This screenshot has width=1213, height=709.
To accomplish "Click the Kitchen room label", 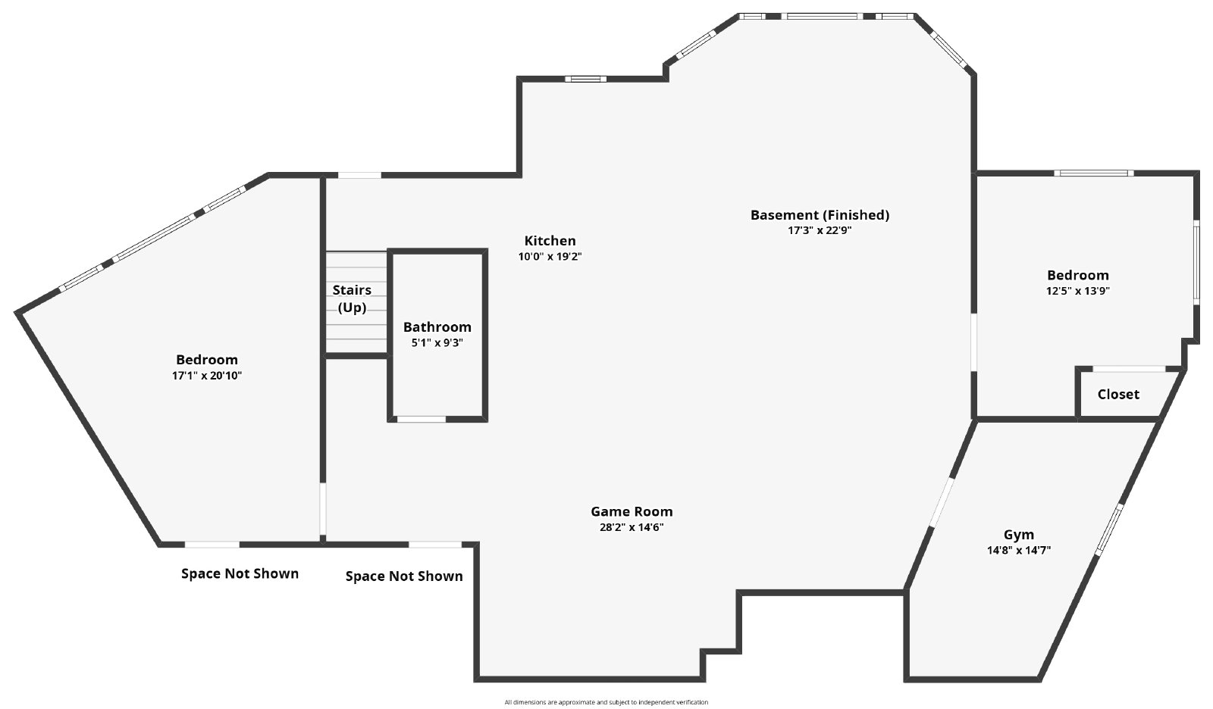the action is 550,241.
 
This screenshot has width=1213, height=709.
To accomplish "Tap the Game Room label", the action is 632,511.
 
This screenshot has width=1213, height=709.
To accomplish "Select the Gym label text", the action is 1019,536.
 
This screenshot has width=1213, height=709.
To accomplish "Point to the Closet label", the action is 1118,395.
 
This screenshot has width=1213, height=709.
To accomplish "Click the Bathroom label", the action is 437,327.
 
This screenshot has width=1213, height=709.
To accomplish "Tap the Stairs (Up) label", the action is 352,298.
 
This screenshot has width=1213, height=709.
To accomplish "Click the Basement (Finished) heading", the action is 820,215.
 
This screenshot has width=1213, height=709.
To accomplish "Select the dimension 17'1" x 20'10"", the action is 207,376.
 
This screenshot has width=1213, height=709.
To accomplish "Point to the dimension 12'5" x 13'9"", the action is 1077,291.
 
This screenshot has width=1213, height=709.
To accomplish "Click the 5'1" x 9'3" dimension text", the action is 437,342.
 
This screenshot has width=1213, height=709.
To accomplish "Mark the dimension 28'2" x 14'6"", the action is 632,527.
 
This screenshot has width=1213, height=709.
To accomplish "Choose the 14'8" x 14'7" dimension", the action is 1019,551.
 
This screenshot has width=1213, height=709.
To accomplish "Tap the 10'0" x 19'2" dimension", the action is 550,257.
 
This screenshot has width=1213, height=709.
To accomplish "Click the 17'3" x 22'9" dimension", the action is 820,230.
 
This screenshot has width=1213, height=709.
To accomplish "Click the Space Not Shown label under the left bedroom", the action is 240,573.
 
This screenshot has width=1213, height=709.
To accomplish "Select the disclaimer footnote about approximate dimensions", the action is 606,702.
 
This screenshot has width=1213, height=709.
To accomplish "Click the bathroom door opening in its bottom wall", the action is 422,419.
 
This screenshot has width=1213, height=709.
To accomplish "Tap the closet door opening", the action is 1129,369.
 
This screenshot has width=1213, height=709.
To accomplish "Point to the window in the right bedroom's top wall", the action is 1094,173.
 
